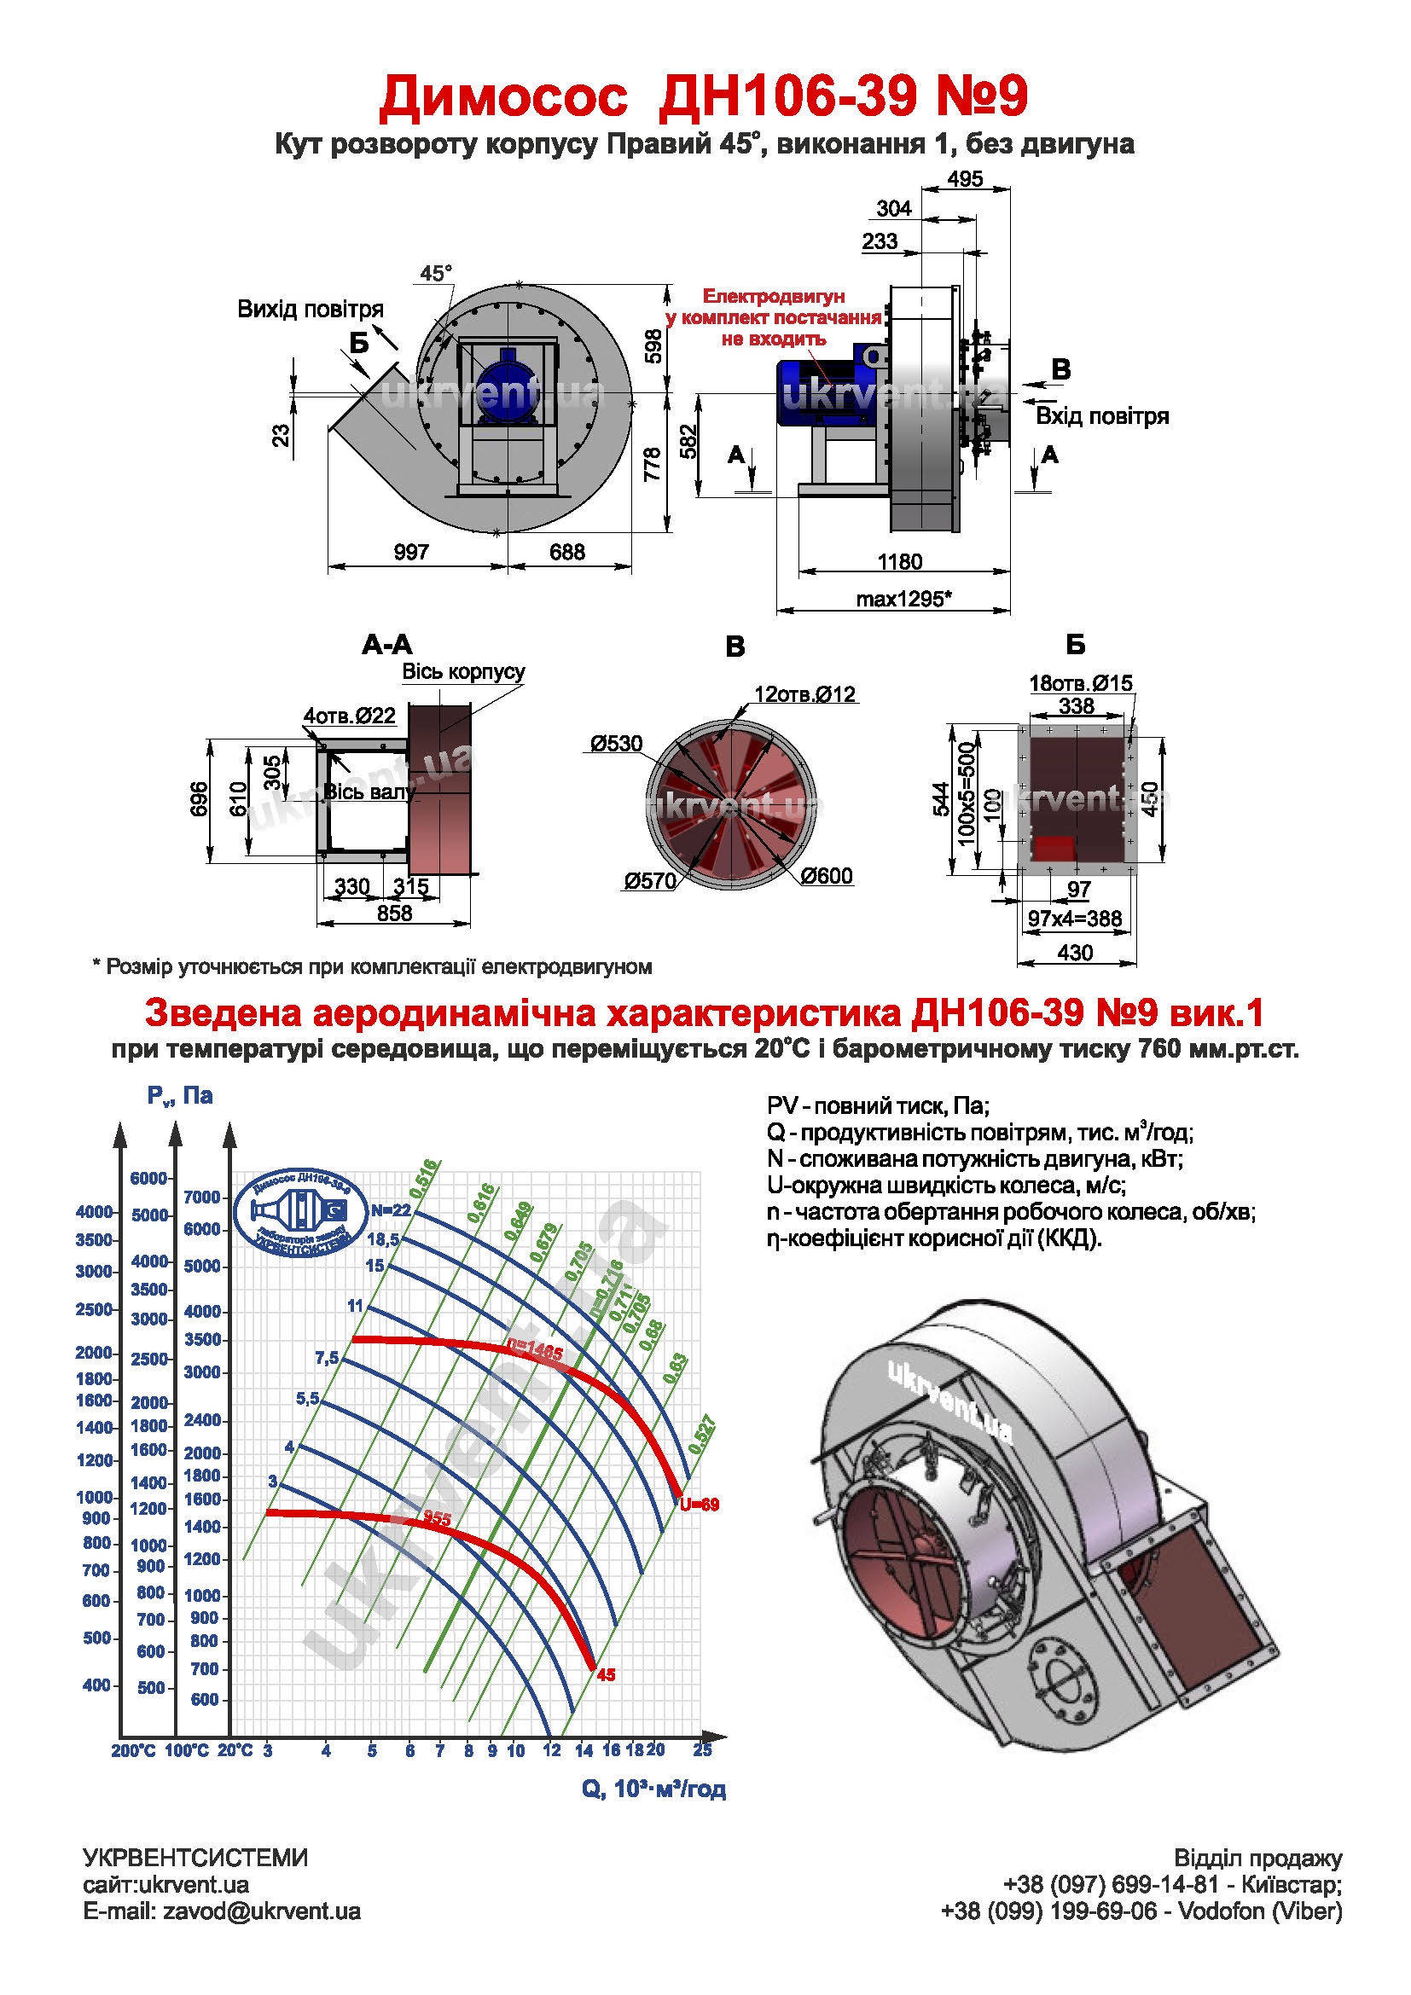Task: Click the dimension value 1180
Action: (899, 562)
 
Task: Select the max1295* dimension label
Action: (903, 600)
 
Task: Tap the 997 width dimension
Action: (411, 553)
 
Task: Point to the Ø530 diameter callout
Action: (616, 744)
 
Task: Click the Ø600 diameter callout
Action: (827, 876)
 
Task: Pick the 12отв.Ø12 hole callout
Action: (804, 694)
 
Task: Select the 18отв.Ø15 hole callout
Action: (1081, 684)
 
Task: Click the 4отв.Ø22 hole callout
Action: (349, 716)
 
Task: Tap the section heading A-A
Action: (386, 645)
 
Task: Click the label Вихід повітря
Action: (311, 310)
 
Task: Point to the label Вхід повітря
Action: (1101, 416)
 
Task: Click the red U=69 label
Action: (700, 1505)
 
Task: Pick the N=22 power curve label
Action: (390, 1210)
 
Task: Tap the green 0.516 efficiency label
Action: (425, 1177)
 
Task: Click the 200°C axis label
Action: (133, 1751)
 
